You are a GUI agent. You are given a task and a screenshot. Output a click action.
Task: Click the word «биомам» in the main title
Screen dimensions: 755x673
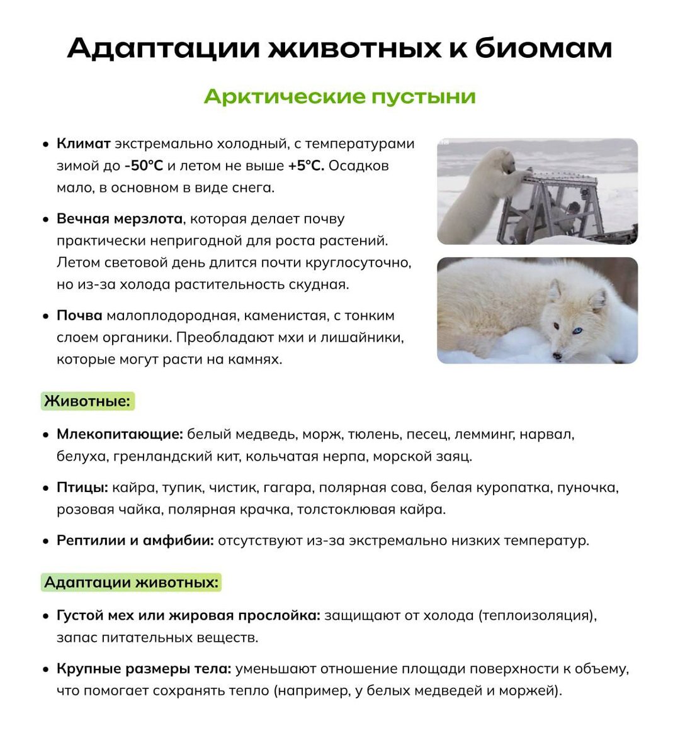click(543, 48)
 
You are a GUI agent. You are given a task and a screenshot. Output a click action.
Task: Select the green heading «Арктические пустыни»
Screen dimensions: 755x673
click(339, 96)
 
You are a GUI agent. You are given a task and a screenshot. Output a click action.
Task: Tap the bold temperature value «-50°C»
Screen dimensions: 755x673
click(144, 165)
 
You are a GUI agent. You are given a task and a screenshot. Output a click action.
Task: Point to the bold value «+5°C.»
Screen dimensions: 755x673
click(306, 165)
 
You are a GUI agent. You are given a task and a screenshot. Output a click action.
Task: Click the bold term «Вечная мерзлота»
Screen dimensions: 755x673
click(120, 219)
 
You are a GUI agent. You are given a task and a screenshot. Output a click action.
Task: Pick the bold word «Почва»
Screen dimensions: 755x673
click(79, 315)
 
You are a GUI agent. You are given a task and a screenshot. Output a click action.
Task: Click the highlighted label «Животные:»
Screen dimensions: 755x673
click(88, 401)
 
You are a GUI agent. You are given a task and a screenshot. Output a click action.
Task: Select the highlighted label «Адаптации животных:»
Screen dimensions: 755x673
click(132, 582)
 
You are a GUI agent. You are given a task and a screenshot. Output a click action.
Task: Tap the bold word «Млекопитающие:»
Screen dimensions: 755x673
click(120, 434)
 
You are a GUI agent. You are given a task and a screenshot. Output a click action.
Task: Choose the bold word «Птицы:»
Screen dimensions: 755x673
click(82, 488)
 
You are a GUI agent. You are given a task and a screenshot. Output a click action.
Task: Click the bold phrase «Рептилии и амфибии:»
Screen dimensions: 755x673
click(135, 540)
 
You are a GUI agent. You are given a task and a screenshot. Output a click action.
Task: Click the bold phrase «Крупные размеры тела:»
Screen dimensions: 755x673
click(144, 668)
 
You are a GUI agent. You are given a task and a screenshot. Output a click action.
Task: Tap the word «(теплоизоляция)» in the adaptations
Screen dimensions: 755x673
click(537, 615)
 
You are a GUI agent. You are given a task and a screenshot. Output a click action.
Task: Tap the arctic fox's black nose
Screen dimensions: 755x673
click(557, 356)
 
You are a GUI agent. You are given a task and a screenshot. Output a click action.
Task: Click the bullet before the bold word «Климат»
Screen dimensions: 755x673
click(45, 144)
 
